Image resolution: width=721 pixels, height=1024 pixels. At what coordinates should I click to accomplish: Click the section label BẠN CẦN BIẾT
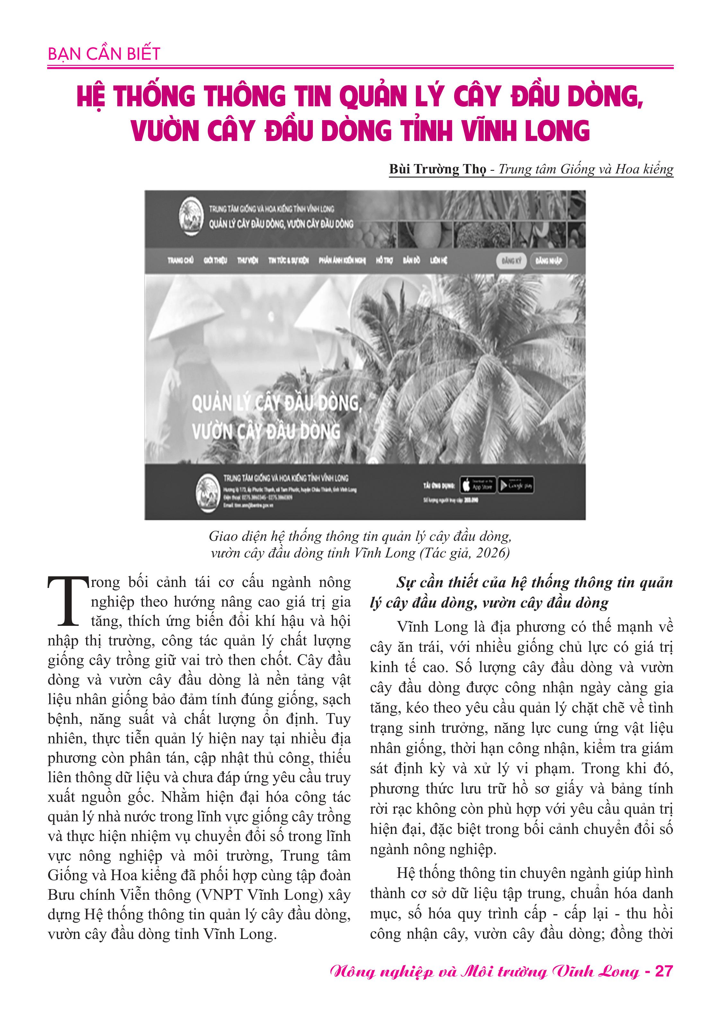point(103,54)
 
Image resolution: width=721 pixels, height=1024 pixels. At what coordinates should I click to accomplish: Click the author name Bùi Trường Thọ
point(437,170)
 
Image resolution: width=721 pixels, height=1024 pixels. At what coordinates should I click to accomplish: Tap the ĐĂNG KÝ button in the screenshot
point(511,260)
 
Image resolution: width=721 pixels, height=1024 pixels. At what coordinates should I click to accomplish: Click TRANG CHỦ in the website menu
point(180,260)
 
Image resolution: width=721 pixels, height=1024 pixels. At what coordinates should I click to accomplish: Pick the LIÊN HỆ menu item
point(438,260)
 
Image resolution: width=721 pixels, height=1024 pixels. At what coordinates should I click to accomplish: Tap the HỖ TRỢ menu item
point(384,260)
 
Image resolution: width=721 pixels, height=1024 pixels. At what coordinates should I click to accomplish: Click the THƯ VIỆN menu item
point(247,260)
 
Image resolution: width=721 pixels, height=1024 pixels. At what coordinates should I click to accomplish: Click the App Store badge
point(477,485)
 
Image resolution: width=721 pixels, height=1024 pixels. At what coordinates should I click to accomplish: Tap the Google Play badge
point(516,485)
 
